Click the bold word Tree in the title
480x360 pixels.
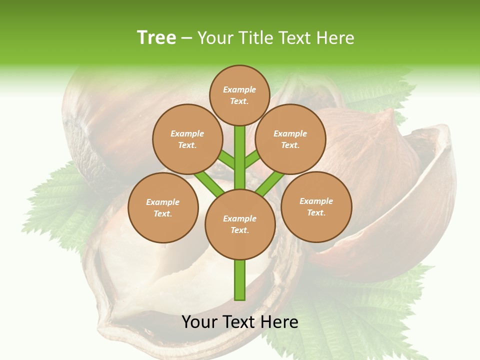156,37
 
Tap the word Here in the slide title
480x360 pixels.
336,38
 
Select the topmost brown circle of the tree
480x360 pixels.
239,95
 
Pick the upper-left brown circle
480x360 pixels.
187,139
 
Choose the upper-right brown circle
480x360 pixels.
290,139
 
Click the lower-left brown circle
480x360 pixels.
163,207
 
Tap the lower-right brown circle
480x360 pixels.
316,206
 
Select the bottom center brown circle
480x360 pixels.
240,224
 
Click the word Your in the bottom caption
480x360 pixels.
200,322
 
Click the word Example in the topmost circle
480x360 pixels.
239,89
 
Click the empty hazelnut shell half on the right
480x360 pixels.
410,210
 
